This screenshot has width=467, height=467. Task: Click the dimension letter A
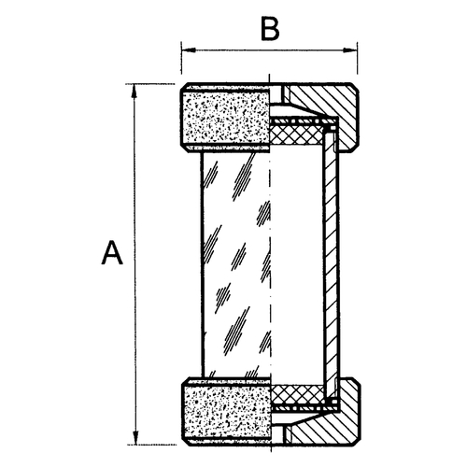click(x=112, y=252)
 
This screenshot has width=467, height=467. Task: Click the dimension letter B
click(x=270, y=30)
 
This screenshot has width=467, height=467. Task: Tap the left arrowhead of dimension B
click(x=189, y=50)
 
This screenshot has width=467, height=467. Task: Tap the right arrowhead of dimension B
click(x=350, y=50)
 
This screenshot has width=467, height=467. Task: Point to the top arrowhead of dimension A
click(x=134, y=91)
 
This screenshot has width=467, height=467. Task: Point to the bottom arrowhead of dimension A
click(x=135, y=437)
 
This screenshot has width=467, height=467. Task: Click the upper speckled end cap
click(x=225, y=118)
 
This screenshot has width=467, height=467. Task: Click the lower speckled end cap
click(x=227, y=413)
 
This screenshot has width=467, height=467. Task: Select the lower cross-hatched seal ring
click(x=298, y=394)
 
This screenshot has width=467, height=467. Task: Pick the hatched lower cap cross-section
click(x=325, y=414)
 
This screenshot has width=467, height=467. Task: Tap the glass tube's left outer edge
click(x=203, y=264)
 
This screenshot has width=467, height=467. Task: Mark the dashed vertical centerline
click(x=270, y=263)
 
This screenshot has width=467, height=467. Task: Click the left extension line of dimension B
click(x=181, y=59)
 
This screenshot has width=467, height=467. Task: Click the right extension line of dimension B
click(x=357, y=59)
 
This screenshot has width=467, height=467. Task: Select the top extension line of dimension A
click(x=150, y=84)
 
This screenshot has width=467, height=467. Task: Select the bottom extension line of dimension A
click(x=152, y=445)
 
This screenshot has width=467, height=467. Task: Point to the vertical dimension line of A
click(x=134, y=264)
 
